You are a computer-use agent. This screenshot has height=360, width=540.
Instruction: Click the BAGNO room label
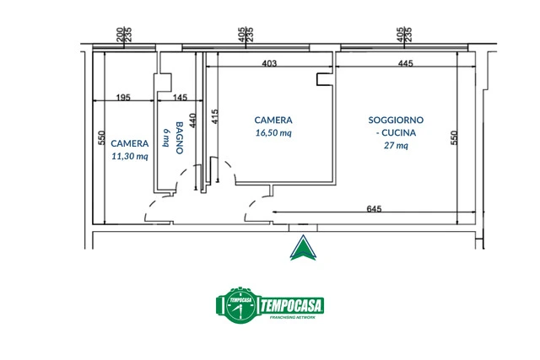[x=180, y=137]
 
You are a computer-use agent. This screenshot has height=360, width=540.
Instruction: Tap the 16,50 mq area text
[x=273, y=133]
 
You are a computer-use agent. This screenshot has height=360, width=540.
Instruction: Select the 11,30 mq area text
[x=130, y=156]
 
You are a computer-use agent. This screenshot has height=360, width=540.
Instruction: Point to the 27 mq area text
[x=396, y=146]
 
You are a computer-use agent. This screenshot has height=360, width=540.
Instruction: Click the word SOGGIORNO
[x=396, y=120]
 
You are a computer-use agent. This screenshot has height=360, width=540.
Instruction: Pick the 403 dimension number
[x=269, y=63]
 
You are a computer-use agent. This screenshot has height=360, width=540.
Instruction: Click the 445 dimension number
[x=405, y=63]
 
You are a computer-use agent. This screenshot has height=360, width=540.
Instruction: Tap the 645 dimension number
[x=374, y=209]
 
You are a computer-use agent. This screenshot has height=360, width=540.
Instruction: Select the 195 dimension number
[x=123, y=98]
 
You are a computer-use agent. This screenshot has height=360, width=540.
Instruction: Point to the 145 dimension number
[x=180, y=98]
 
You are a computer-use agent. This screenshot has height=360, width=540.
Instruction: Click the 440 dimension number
[x=193, y=121]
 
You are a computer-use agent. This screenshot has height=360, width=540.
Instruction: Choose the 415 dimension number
[x=214, y=116]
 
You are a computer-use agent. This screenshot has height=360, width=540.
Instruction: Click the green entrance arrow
[x=303, y=248]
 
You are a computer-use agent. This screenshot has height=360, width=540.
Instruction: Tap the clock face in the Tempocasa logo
[x=240, y=305]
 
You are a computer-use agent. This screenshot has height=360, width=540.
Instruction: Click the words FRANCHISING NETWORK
[x=293, y=317]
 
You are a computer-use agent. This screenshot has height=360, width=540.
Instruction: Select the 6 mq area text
[x=166, y=137]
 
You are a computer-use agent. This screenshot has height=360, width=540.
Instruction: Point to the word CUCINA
[x=398, y=133]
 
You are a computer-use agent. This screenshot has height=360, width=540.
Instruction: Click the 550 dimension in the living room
[x=454, y=137]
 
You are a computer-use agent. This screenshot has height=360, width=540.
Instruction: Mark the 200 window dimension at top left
[x=120, y=35]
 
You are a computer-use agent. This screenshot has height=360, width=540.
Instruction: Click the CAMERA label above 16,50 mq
[x=273, y=120]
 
